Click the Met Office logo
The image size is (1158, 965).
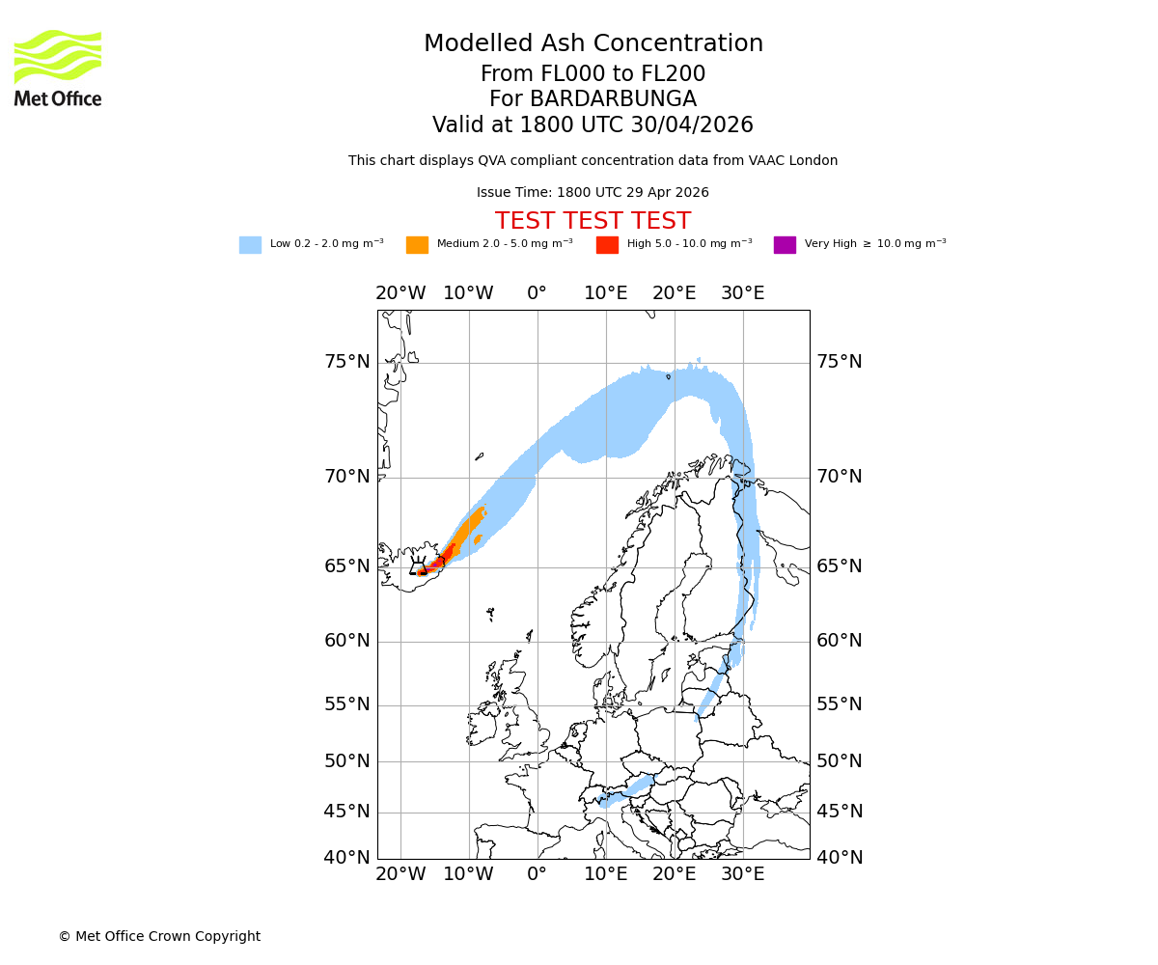(x=58, y=68)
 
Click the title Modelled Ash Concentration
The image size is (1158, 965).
(x=593, y=44)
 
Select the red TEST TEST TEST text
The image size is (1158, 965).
(x=593, y=221)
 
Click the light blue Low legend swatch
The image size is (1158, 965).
(x=250, y=245)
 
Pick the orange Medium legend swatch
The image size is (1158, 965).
(x=417, y=245)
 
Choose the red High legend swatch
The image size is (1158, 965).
(x=607, y=245)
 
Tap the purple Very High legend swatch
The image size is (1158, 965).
(x=785, y=245)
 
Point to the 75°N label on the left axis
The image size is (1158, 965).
(x=346, y=362)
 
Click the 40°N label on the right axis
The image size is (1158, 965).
(x=840, y=858)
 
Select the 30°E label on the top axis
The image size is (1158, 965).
(x=742, y=293)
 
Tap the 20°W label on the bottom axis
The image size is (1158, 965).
(x=400, y=875)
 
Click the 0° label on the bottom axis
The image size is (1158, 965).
(x=537, y=875)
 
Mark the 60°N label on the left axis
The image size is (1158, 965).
(x=346, y=641)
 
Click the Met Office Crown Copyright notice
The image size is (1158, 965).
(x=159, y=936)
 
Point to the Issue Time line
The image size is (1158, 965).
(x=593, y=193)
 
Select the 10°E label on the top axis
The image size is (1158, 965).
(x=605, y=293)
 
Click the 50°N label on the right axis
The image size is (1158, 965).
(x=840, y=761)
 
